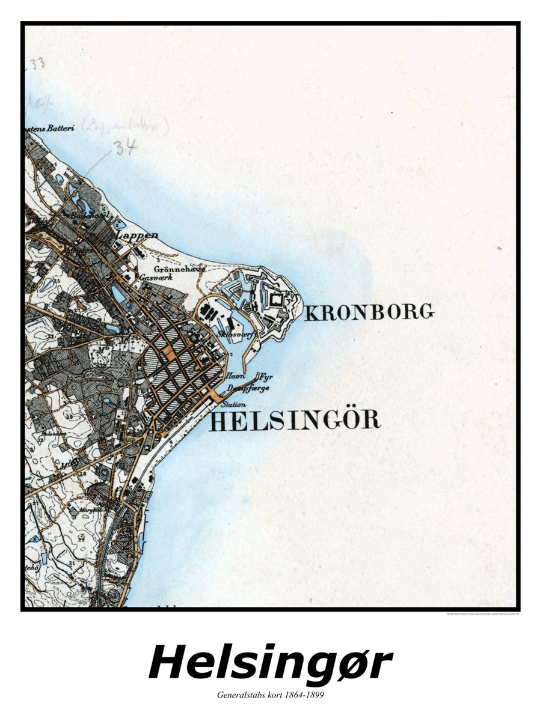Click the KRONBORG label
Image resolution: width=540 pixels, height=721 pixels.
point(369,312)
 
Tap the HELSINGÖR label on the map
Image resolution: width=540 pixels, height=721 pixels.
point(295,421)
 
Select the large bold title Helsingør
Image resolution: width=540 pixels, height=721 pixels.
point(270,662)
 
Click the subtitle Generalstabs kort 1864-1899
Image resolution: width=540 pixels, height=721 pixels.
point(270,695)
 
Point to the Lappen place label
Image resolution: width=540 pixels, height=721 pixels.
point(139,235)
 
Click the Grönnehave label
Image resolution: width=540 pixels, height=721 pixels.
point(172,269)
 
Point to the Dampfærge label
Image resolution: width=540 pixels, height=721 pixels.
point(248,388)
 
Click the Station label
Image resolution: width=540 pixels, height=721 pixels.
point(233,406)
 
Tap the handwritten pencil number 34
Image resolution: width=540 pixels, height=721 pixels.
point(127,147)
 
